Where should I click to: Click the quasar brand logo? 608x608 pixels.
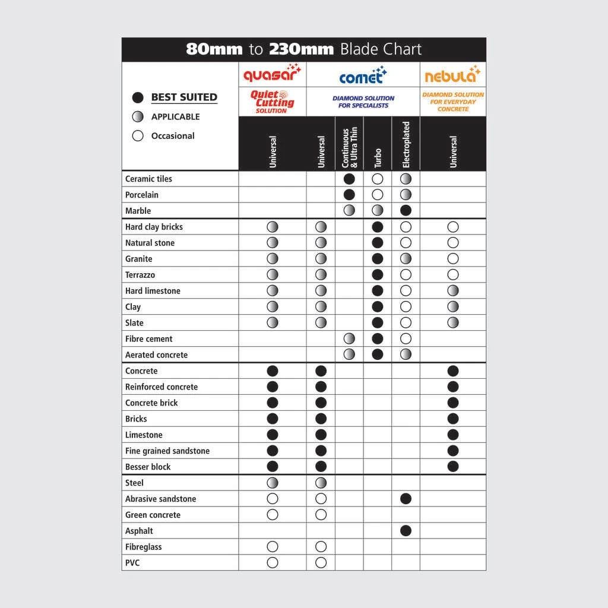pos(273,75)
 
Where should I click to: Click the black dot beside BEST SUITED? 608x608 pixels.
pos(138,97)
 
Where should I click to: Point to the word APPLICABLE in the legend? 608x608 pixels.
pos(175,116)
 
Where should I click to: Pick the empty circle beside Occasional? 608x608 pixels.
pos(138,135)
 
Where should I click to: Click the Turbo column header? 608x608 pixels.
pos(378,157)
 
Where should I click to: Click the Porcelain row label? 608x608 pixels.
pos(142,195)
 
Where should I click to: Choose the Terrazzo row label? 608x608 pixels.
pos(140,275)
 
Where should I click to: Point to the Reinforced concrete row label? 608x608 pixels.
pos(161,387)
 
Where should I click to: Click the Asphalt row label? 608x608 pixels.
pos(139,531)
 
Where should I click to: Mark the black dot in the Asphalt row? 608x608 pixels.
pos(406,531)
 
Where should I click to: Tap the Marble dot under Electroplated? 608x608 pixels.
pos(406,210)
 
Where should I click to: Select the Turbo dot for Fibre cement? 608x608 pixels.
pos(378,338)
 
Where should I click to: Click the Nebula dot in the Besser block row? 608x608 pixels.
pos(453,467)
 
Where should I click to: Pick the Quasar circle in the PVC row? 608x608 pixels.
pos(273,562)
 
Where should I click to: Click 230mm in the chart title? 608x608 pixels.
pos(301,49)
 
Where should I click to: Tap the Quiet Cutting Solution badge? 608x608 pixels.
pos(273,102)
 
